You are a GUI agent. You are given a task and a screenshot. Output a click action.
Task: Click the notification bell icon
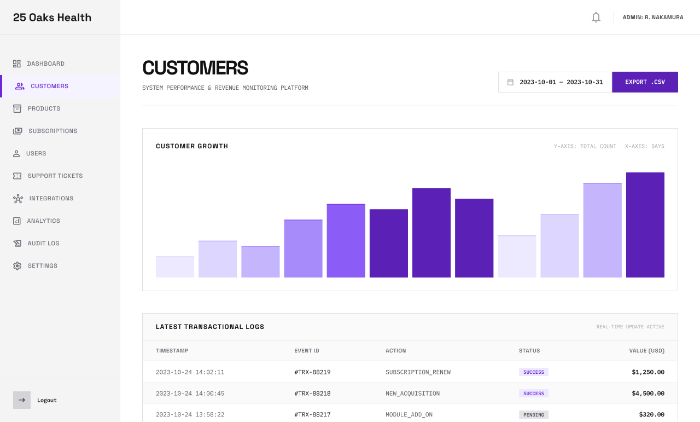(596, 18)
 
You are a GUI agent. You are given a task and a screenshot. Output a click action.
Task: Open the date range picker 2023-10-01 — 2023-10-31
(555, 82)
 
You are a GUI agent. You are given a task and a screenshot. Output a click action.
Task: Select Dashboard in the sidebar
(46, 63)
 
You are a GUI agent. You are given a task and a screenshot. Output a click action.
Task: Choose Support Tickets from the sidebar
(55, 176)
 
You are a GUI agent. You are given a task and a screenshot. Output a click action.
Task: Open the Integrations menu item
(51, 198)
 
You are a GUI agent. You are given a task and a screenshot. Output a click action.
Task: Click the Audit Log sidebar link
(43, 243)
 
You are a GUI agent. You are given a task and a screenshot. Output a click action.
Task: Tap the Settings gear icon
(17, 265)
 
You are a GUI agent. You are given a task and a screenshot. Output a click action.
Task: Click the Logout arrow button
(22, 400)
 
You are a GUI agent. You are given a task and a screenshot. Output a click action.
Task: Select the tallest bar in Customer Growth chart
(645, 225)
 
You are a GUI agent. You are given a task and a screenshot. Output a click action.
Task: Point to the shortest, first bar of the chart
(175, 267)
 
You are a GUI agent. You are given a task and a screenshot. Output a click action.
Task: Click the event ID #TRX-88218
(312, 394)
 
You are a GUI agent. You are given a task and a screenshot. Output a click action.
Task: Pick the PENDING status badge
(533, 415)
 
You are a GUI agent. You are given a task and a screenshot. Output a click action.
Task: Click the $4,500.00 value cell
(647, 394)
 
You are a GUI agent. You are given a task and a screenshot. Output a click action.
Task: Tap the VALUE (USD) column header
(646, 351)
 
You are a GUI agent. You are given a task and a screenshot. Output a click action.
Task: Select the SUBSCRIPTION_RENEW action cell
(418, 372)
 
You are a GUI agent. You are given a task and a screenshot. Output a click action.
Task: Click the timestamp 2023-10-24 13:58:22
(190, 415)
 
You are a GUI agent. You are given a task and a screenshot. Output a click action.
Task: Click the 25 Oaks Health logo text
(52, 18)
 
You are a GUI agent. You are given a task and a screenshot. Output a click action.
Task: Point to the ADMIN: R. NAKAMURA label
(653, 18)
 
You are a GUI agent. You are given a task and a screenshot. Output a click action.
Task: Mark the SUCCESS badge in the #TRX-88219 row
(533, 372)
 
